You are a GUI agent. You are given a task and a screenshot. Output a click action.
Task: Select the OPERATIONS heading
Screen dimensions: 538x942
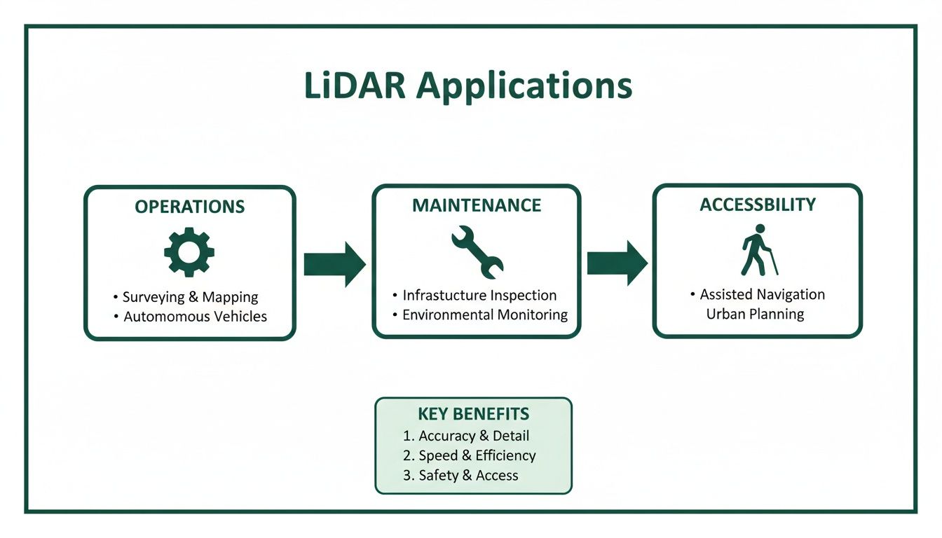190,207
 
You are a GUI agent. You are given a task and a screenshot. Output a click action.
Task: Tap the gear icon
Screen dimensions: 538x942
189,251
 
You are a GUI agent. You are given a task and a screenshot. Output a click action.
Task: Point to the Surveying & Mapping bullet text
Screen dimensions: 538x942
190,297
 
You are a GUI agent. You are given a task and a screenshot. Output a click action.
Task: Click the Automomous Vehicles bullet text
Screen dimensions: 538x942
195,317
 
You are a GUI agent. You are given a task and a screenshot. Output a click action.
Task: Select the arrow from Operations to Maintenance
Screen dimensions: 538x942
334,264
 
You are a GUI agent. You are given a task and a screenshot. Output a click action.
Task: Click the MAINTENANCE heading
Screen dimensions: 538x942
477,205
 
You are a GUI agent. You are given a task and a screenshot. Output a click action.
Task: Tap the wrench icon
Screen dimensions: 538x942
477,251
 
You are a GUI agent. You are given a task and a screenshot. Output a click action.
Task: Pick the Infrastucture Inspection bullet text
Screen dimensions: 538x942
479,295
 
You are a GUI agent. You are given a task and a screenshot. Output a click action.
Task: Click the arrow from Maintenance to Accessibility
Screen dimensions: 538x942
617,263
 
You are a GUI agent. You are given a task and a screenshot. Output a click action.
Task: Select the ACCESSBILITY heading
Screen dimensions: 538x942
758,205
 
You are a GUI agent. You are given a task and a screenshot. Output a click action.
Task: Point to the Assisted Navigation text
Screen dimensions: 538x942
762,294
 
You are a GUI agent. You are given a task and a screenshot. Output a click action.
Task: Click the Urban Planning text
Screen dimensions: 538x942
755,313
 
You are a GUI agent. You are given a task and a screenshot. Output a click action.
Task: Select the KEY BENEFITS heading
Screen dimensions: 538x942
473,413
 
